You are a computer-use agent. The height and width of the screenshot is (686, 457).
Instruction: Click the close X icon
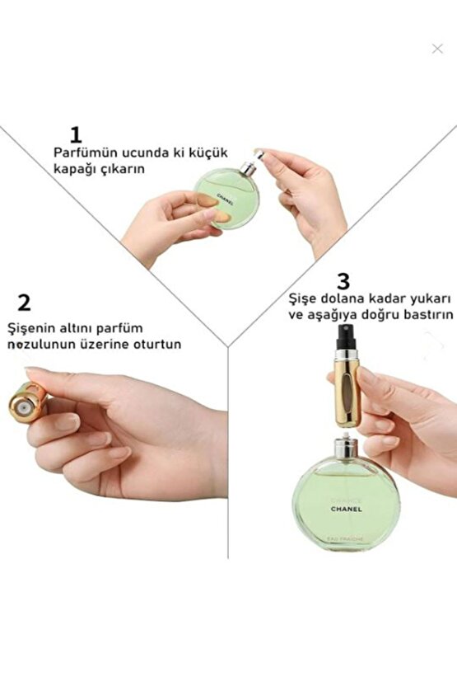pyautogui.click(x=437, y=49)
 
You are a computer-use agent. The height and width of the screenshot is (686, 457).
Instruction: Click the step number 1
pyautogui.click(x=76, y=134)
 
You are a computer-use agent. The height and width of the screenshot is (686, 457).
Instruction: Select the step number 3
pyautogui.click(x=343, y=281)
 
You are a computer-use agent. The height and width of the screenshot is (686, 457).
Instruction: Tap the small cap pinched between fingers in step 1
pyautogui.click(x=259, y=153)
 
